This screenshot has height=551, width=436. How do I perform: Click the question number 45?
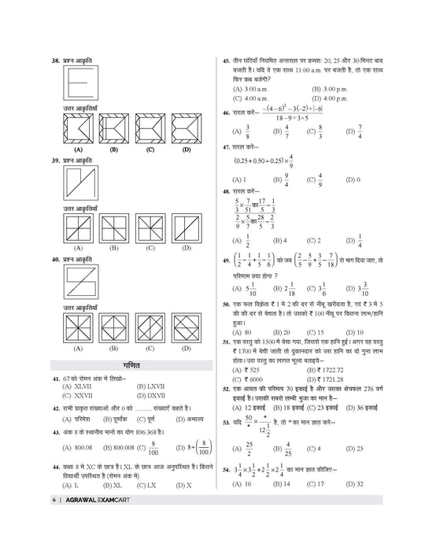227,60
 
